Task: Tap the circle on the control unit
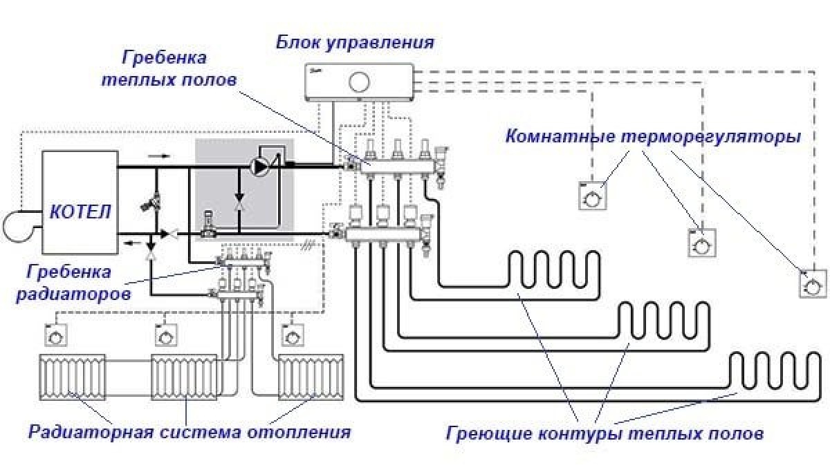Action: pyautogui.click(x=359, y=82)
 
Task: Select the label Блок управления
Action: pyautogui.click(x=356, y=43)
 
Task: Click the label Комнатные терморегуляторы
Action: pyautogui.click(x=653, y=136)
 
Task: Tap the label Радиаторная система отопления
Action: pyautogui.click(x=189, y=433)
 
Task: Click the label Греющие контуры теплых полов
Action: pyautogui.click(x=605, y=434)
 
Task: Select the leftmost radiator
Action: pyautogui.click(x=72, y=377)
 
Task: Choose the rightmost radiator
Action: pyautogui.click(x=311, y=377)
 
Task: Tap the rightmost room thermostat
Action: pyautogui.click(x=813, y=284)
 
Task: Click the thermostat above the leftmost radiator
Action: pyautogui.click(x=55, y=336)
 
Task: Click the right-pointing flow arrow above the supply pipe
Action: pyautogui.click(x=158, y=156)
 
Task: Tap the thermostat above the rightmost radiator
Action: pyautogui.click(x=293, y=336)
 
